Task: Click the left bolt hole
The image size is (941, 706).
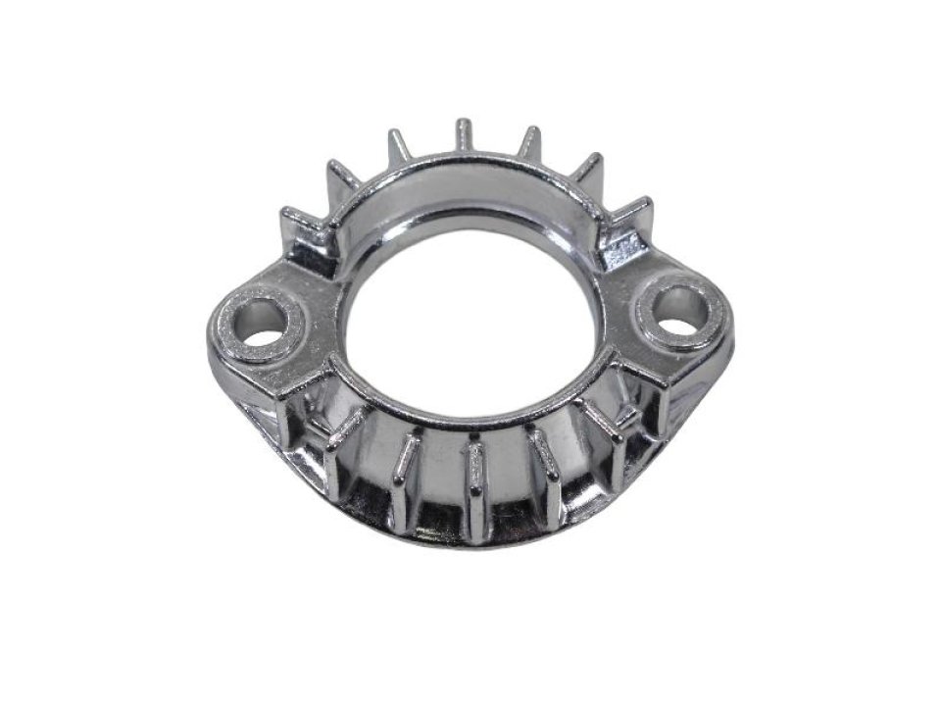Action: [261, 323]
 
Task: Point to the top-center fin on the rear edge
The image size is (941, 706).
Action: [464, 137]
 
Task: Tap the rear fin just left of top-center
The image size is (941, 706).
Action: [399, 147]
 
